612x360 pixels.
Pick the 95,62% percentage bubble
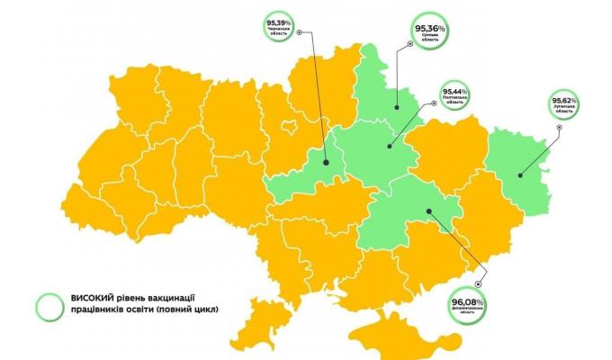tap(569, 103)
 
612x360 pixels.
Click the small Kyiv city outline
tap(289, 126)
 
